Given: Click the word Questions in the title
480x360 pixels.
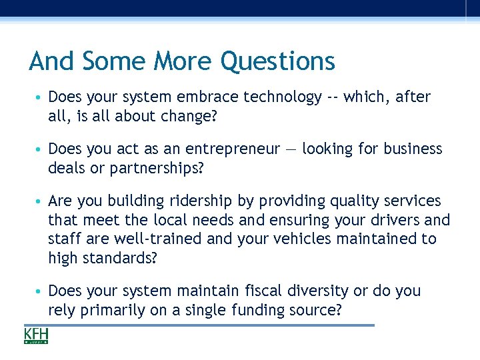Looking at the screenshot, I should click(x=277, y=62).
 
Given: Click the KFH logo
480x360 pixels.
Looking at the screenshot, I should click(x=36, y=335).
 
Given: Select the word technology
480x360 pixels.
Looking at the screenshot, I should click(x=283, y=97).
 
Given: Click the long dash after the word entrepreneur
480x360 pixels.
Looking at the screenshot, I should click(x=291, y=149).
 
